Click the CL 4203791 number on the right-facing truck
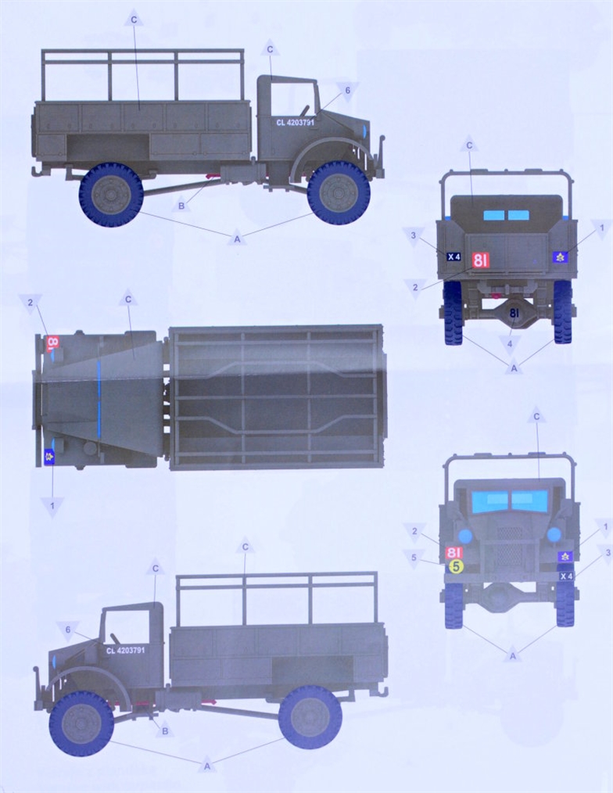click(x=296, y=122)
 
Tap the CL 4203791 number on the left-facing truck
click(x=125, y=651)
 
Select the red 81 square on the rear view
click(x=480, y=260)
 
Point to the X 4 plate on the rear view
click(x=453, y=257)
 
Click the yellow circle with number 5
click(x=456, y=566)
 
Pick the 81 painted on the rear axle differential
click(x=514, y=313)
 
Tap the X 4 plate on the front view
click(x=566, y=576)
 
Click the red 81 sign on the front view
click(x=454, y=552)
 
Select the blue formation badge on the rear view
click(x=560, y=257)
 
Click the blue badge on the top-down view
click(x=49, y=457)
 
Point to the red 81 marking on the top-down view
click(x=52, y=343)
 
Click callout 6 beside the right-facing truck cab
click(x=347, y=91)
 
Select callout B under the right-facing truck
click(x=181, y=206)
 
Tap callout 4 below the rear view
click(x=510, y=344)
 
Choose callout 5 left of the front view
click(x=414, y=558)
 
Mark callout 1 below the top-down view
click(x=52, y=505)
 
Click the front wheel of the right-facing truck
click(x=338, y=192)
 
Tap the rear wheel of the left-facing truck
click(x=310, y=716)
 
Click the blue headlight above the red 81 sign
click(x=464, y=536)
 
